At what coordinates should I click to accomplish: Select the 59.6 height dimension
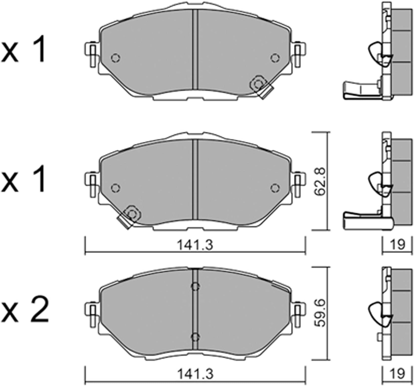(x=320, y=313)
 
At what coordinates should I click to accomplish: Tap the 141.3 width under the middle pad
(x=195, y=245)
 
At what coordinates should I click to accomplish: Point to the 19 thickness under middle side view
(x=398, y=244)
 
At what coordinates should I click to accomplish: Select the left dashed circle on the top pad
(x=115, y=58)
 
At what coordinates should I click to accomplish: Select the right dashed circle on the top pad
(x=274, y=58)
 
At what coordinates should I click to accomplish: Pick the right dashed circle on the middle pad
(x=274, y=188)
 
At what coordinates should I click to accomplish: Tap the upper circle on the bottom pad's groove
(x=195, y=286)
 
